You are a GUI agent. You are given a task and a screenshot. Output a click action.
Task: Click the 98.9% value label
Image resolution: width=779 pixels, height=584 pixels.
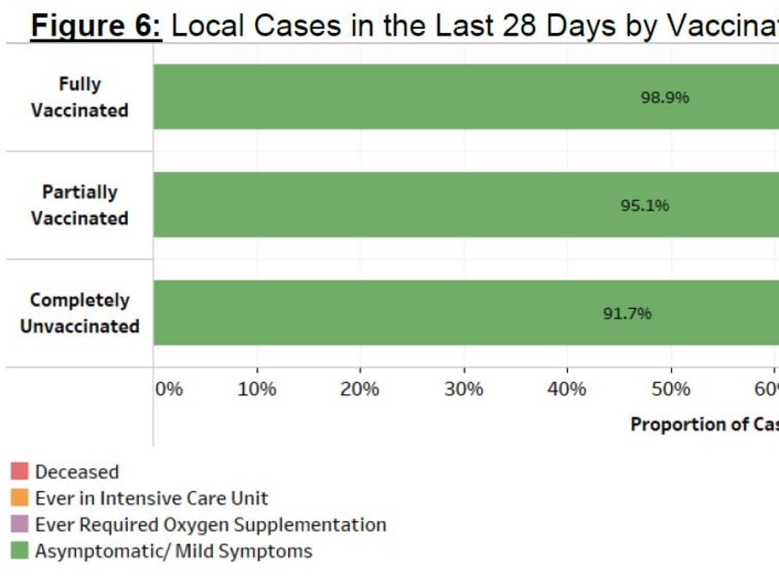[x=664, y=98]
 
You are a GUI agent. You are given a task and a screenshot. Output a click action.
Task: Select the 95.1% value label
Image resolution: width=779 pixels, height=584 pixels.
[x=645, y=206]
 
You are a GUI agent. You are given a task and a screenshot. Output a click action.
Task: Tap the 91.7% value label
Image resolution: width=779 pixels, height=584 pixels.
[x=627, y=314]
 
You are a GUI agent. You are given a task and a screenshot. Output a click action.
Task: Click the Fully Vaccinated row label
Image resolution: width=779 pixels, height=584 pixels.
[x=80, y=98]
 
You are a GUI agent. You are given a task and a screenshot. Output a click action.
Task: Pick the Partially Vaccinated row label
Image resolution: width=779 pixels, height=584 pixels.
[x=80, y=206]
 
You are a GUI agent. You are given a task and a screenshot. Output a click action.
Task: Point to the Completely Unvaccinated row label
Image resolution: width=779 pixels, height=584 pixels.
[x=80, y=314]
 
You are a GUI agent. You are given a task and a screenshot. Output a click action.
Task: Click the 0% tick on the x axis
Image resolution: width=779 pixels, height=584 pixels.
[x=169, y=390]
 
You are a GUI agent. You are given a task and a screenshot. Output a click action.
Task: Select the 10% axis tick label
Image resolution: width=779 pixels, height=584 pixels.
[x=257, y=390]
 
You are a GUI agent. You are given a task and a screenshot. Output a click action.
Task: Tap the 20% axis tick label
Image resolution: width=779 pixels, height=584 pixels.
[x=359, y=390]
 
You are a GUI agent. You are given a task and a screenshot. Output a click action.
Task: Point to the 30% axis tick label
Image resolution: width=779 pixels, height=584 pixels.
[x=464, y=390]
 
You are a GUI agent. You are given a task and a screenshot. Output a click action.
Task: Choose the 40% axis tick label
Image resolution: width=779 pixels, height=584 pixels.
[x=567, y=390]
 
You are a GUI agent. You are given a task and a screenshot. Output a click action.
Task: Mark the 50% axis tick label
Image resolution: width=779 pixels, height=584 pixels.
[x=670, y=390]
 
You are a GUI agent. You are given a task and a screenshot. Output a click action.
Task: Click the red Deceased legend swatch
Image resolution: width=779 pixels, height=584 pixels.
[x=20, y=471]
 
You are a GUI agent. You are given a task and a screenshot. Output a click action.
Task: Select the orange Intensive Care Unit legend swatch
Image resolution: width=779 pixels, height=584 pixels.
[x=20, y=498]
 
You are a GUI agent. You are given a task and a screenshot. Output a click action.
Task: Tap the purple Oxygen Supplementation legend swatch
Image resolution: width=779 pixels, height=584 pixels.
[x=20, y=524]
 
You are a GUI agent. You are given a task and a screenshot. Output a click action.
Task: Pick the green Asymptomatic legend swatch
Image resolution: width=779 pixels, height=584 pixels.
[x=20, y=550]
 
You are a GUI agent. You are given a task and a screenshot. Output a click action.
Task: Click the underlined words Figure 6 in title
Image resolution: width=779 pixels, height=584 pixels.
[x=97, y=25]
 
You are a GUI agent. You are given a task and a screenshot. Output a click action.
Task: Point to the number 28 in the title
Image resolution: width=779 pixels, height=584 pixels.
[x=523, y=25]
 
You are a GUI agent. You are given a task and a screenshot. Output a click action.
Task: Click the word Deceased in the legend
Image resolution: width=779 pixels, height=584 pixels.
[x=77, y=472]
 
